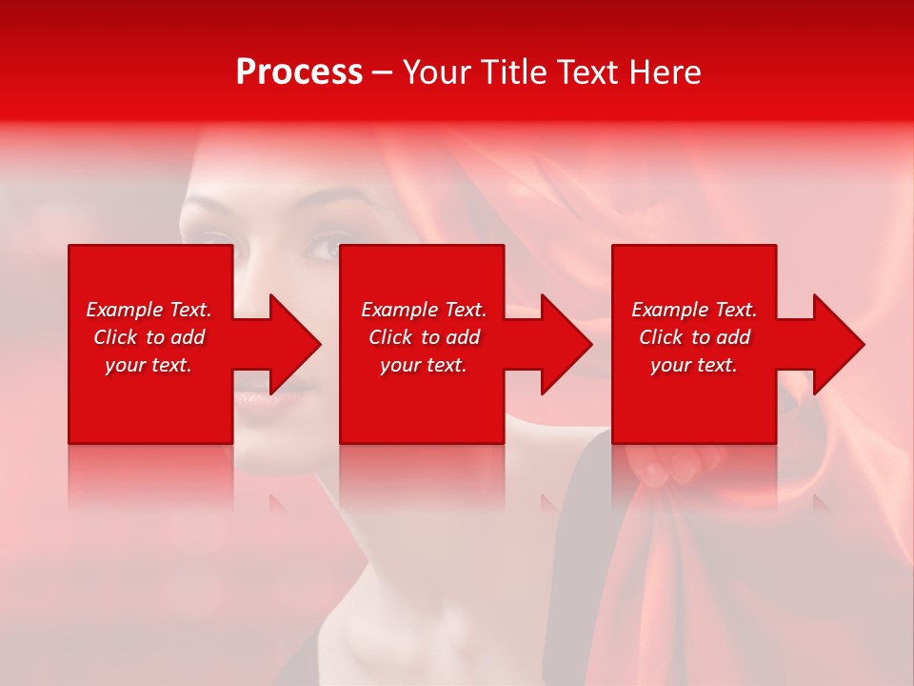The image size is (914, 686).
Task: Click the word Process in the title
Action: [299, 72]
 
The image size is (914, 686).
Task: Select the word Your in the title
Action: [438, 72]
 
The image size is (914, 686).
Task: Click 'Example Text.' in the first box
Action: [149, 310]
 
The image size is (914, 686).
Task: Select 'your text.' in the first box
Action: [149, 365]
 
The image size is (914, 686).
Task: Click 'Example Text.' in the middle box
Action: [424, 310]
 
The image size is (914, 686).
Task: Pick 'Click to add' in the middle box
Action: [424, 337]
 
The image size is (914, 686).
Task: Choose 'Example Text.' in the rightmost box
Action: [694, 310]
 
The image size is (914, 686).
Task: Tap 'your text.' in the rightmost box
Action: [694, 365]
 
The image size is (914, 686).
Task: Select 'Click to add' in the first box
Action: [149, 337]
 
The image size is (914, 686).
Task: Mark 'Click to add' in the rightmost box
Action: [694, 337]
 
